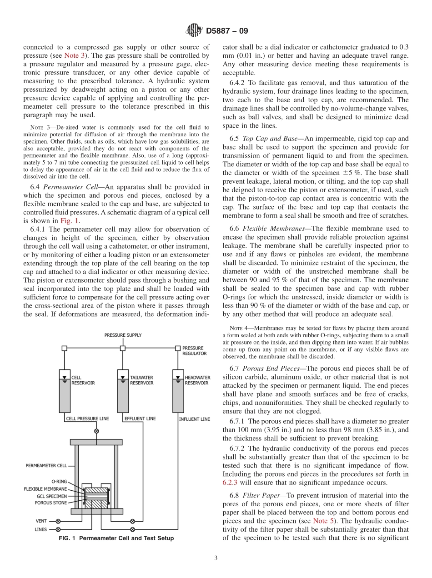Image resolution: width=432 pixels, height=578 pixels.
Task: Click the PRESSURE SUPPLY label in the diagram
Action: point(123,335)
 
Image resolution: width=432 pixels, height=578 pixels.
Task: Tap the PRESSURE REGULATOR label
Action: point(195,350)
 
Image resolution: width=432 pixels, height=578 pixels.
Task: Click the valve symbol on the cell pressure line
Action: point(96,431)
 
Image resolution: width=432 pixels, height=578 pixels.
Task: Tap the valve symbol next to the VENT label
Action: point(58,521)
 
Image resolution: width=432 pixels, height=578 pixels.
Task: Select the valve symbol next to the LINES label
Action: point(58,529)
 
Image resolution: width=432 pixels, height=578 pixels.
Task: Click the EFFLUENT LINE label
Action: point(140,419)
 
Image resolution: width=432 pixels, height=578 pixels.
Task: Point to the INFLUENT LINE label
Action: point(194,419)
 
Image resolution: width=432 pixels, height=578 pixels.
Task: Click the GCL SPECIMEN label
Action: point(51,496)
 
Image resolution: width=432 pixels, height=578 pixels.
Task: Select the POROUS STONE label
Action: point(51,503)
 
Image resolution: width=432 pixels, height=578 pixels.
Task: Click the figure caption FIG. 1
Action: point(116,538)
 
